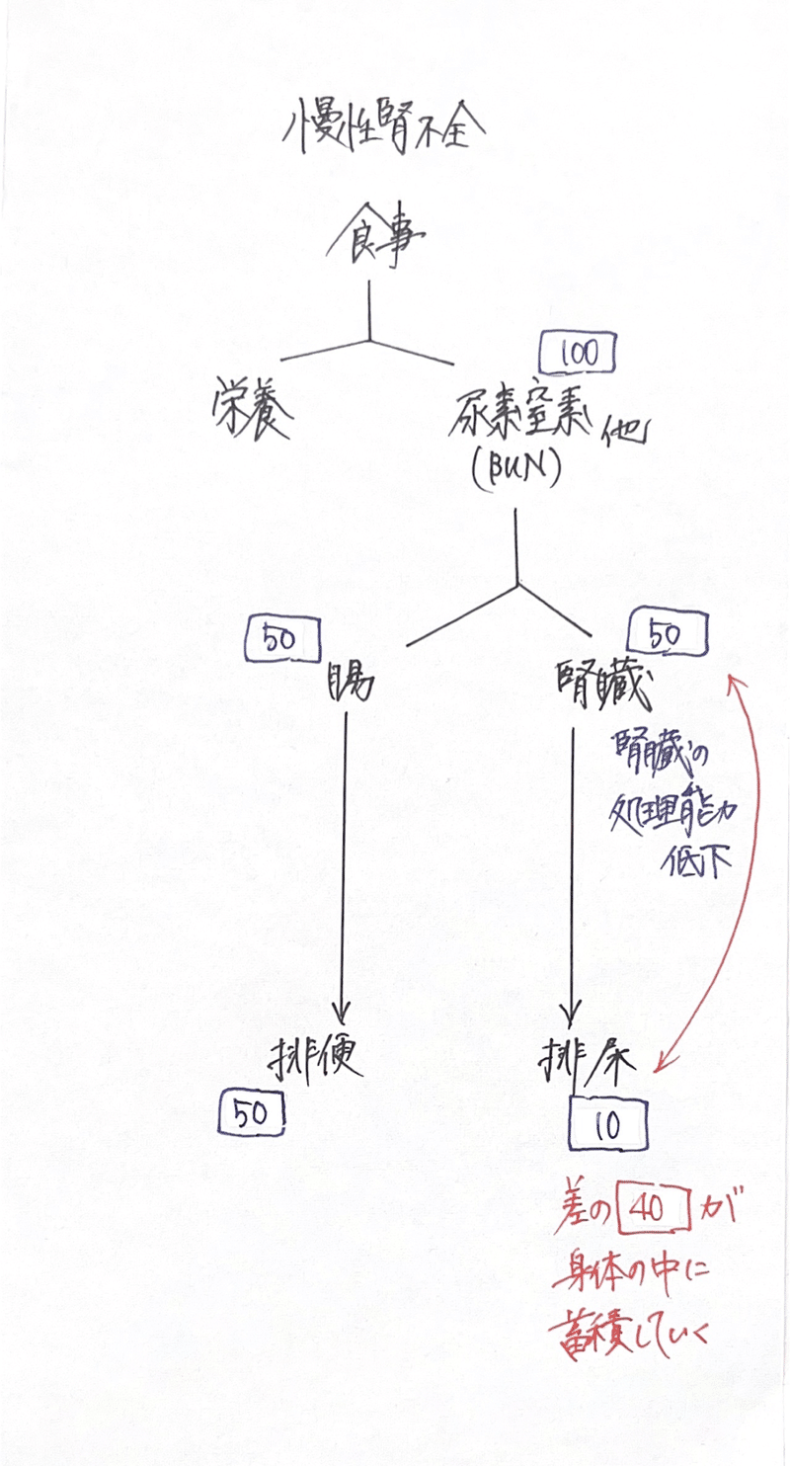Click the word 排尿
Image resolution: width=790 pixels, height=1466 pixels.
(593, 1062)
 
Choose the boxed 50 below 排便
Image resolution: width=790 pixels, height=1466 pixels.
(252, 1115)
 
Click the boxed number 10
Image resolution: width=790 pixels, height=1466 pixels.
(609, 1125)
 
